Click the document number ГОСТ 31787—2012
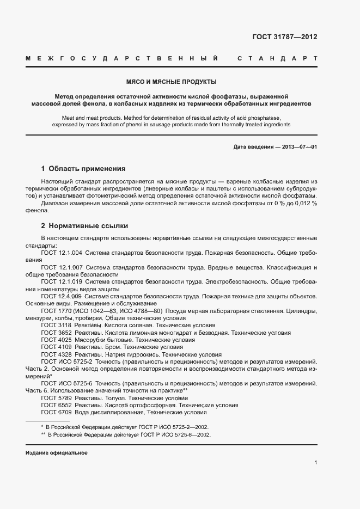tap(284, 37)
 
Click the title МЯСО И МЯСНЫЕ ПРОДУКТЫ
tap(172, 82)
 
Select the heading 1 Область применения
tap(83, 168)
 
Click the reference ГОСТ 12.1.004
tap(62, 253)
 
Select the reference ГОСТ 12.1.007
tap(62, 268)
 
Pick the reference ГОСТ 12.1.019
tap(62, 282)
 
